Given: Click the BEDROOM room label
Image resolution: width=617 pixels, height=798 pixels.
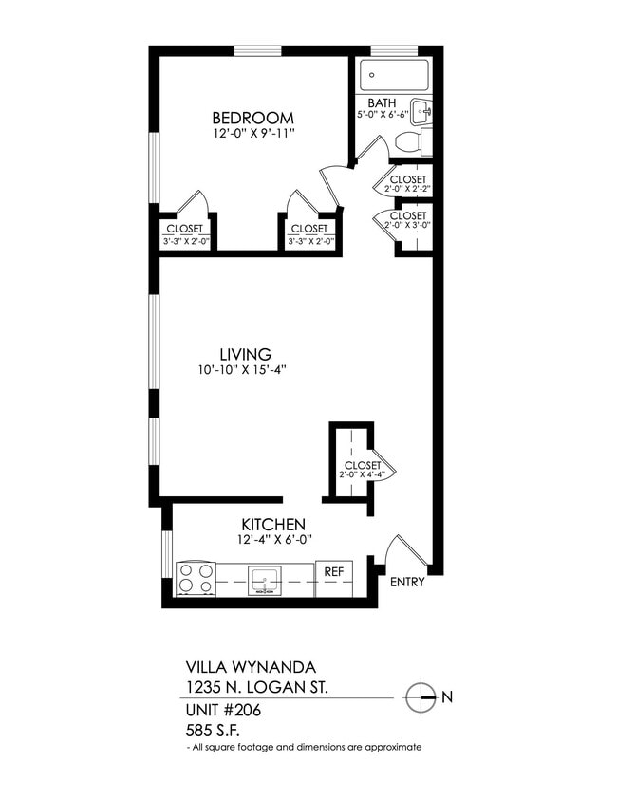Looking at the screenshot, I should (x=252, y=118).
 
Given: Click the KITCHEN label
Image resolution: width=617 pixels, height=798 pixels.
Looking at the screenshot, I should (x=272, y=524).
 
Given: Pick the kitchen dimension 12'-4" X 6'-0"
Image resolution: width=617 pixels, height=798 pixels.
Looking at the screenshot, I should (x=274, y=540).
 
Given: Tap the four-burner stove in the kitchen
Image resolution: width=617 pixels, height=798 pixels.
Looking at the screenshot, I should (x=196, y=579).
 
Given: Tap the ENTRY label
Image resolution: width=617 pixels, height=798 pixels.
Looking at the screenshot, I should (x=408, y=582).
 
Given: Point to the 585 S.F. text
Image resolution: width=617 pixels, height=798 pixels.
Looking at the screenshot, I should (x=212, y=731).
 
